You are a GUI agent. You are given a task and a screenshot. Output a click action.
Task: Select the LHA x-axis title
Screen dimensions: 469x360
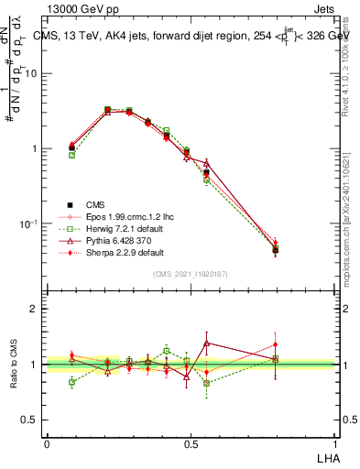click(x=328, y=457)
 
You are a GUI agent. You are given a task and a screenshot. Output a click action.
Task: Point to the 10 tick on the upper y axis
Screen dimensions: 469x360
click(x=31, y=74)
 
